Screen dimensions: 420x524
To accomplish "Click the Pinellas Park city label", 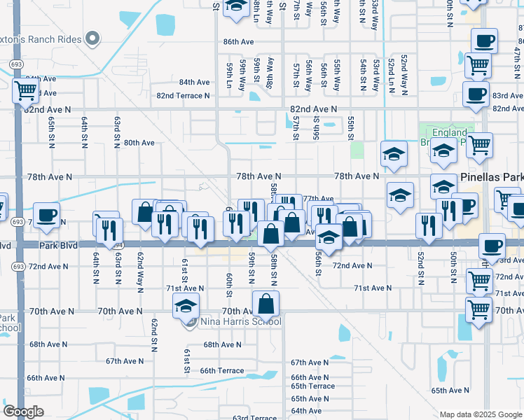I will click(491, 178).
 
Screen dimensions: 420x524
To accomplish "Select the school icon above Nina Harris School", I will click(186, 305).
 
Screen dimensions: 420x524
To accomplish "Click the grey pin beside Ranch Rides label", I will click(92, 38).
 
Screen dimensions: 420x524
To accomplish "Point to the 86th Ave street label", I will click(238, 42).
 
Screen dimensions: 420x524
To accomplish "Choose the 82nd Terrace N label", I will click(183, 95).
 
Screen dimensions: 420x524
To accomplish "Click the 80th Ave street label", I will click(139, 143).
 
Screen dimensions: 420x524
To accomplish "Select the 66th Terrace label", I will click(216, 370).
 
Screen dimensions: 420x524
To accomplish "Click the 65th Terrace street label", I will click(313, 386).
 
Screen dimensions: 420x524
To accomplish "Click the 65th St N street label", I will click(52, 131).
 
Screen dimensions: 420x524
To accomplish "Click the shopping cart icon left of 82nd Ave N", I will click(25, 90).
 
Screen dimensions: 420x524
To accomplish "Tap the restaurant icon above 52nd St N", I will click(429, 225).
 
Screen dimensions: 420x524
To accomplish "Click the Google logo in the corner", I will click(24, 412).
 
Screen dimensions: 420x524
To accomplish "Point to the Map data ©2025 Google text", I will click(480, 414).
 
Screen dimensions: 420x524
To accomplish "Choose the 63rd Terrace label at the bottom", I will click(255, 417).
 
